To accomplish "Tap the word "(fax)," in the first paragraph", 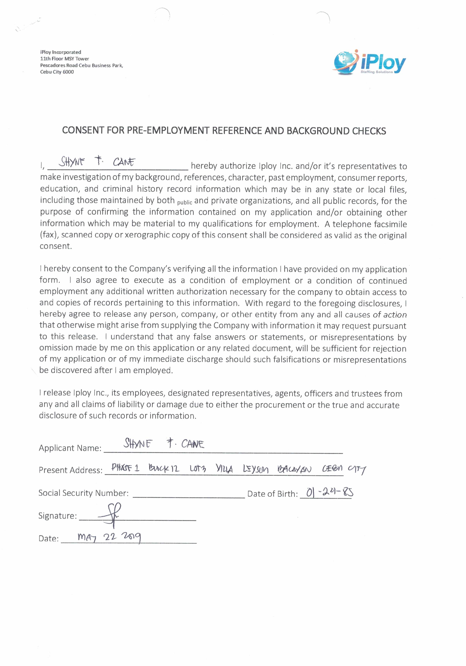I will pos(49,235).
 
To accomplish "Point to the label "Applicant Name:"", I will pos(70,448).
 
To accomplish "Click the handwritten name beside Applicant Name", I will pos(164,444).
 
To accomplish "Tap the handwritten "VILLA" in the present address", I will pos(224,469).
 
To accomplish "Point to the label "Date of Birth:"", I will pos(272,494).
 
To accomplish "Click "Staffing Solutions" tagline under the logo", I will pos(376,72).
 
